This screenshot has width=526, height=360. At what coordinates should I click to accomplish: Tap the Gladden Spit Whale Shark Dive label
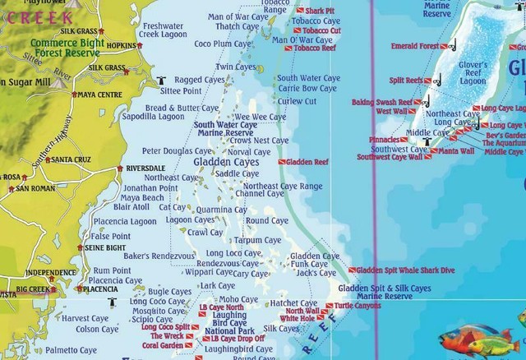pos(408,270)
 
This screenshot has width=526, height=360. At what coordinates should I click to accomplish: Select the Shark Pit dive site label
pos(321,11)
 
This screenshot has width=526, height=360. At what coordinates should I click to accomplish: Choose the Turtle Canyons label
pos(358,306)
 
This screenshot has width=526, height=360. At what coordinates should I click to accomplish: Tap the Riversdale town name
pos(145,168)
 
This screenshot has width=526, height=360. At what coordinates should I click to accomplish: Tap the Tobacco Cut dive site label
pos(321,30)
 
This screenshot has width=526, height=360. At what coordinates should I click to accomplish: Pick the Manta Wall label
pos(456,151)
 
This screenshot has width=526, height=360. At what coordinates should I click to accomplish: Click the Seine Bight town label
pos(105,247)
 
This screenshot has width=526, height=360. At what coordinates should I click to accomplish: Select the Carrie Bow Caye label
pos(307,88)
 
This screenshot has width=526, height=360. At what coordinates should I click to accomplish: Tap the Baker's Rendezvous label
pos(159,256)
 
